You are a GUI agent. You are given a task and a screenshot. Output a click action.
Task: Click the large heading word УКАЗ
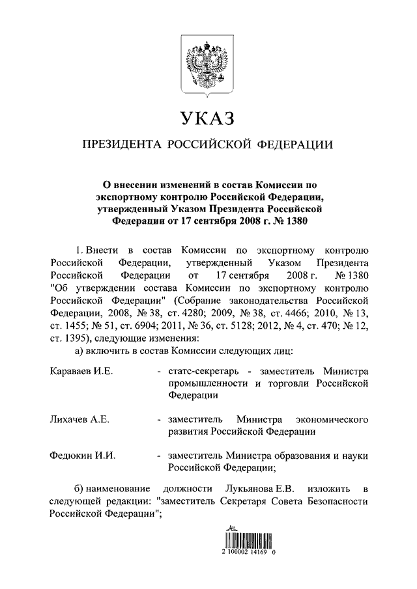pyautogui.click(x=208, y=119)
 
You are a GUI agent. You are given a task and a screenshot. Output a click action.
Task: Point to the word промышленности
pyautogui.click(x=208, y=383)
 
